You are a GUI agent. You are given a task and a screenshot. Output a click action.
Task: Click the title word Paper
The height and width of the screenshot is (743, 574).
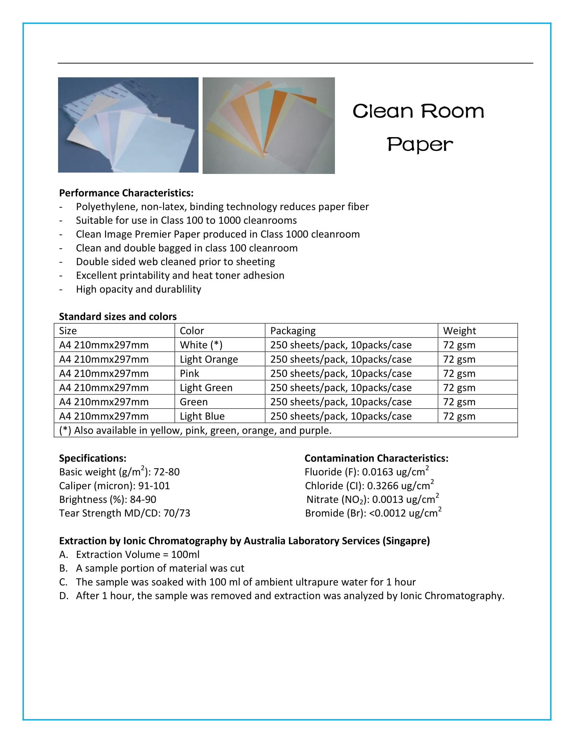420,145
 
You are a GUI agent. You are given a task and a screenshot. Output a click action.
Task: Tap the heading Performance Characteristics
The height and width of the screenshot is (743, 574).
126,193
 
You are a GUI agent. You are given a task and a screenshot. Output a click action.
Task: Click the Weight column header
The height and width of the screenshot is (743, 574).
460,331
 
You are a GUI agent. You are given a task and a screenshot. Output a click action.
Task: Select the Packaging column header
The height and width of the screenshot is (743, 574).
293,331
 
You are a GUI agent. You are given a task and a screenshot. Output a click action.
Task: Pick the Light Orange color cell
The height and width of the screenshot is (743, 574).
209,359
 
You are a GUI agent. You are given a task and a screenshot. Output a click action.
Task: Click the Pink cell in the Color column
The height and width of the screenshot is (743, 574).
189,374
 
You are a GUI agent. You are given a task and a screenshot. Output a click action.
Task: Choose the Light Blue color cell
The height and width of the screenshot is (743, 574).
202,416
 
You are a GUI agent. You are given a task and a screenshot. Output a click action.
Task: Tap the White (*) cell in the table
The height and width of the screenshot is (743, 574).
201,345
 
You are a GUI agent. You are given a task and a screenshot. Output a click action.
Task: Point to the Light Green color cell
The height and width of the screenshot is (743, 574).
206,388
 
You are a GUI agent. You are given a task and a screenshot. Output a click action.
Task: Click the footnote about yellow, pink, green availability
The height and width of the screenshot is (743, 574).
195,430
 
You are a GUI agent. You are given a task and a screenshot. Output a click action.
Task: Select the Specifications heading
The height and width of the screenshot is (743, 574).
93,458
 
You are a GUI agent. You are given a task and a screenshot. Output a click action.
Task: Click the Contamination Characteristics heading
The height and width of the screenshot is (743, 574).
376,458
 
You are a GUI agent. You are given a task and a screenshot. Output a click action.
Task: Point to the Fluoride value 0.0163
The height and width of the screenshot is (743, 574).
377,472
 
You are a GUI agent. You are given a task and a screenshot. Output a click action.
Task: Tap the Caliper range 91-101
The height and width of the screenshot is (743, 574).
154,486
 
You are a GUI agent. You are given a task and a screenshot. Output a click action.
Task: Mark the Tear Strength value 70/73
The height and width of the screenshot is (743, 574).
177,513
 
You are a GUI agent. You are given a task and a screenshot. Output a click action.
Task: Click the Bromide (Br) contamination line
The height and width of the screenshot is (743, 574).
373,513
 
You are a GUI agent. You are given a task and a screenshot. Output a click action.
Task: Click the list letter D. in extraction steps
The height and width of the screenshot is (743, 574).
63,596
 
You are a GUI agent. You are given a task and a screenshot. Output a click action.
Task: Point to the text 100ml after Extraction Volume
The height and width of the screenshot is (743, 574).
185,555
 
